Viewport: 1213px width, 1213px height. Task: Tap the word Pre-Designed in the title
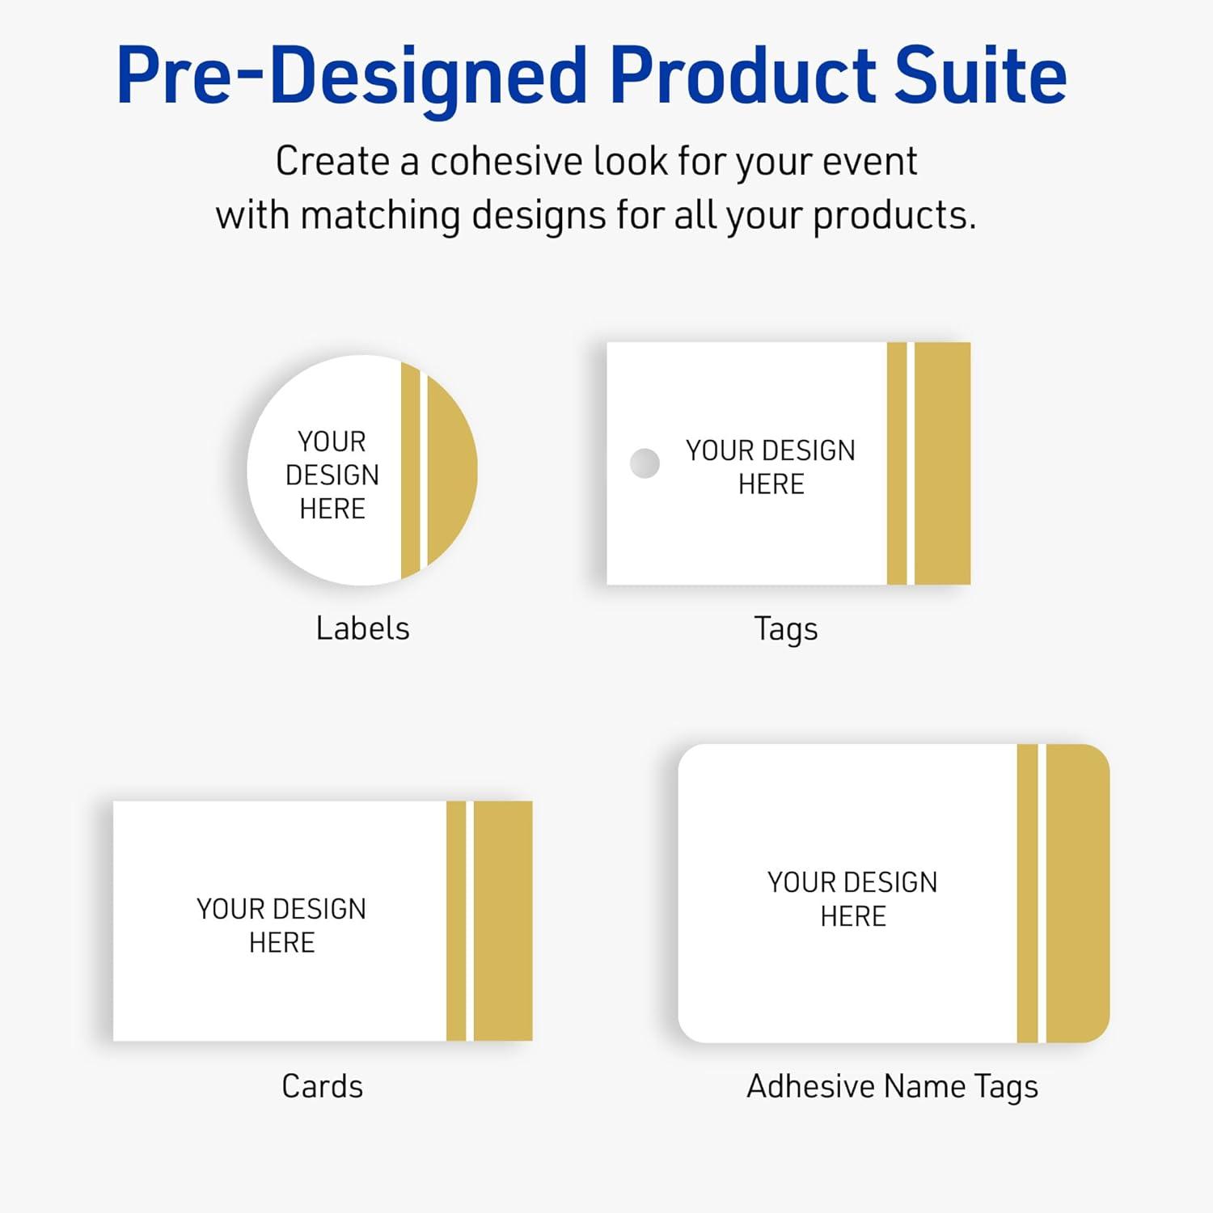352,77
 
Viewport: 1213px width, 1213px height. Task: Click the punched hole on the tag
645,463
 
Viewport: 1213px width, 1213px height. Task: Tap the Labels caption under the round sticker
362,628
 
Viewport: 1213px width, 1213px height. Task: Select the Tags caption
785,629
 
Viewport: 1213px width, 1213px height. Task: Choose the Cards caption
322,1086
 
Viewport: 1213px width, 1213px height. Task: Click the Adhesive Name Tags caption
892,1087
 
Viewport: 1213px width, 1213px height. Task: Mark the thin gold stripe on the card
456,920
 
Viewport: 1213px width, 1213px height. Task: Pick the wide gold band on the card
503,920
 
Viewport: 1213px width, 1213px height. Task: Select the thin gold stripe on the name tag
1027,893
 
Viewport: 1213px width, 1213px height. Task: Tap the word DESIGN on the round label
332,475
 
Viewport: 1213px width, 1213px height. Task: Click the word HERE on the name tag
853,916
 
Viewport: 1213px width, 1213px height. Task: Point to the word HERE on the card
281,943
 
